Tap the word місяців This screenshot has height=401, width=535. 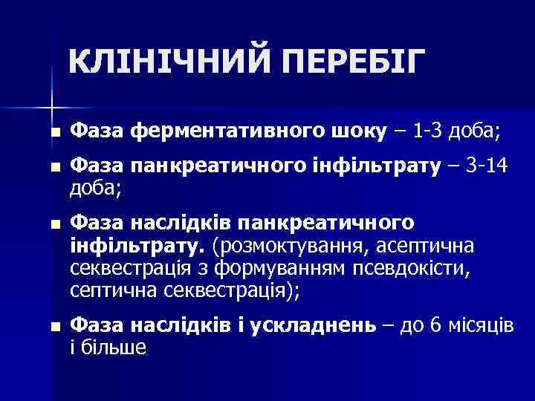click(480, 328)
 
